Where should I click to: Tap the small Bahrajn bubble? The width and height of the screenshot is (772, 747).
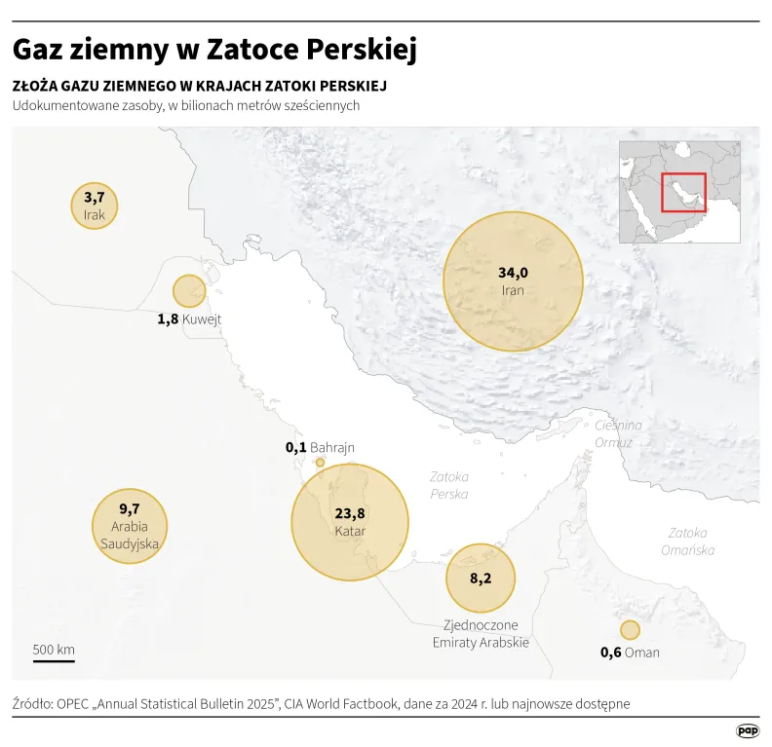coord(320,463)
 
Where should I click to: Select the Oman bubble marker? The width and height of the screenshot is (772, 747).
coord(630,629)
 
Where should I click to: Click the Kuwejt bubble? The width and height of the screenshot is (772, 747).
coord(189,290)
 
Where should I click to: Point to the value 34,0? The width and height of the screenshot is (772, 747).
coord(513,273)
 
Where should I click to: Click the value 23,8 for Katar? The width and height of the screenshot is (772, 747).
coord(350,513)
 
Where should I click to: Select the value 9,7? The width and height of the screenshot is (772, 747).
coord(130,508)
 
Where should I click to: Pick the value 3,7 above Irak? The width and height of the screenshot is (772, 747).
coord(94,198)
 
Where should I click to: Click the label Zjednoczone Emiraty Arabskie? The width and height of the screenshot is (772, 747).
coord(481,633)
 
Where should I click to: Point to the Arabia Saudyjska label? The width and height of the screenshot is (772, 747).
coord(130,536)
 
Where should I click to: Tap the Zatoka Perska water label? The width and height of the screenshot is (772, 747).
coord(449,485)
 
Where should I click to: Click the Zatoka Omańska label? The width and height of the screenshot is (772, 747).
coord(691,542)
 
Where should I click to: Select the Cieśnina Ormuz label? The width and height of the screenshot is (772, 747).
coord(618,434)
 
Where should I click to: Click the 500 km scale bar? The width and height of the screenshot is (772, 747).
coord(54,660)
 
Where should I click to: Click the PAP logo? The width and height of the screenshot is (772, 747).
coord(748,729)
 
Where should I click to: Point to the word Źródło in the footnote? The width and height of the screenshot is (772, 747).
coord(32,703)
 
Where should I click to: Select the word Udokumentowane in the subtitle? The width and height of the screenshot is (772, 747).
coord(66,106)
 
